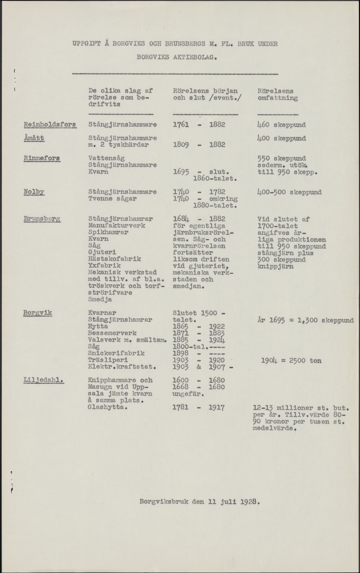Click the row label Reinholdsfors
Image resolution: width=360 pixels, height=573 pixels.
(50, 125)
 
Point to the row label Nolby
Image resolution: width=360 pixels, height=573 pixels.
(34, 192)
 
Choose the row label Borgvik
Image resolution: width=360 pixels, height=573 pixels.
(38, 313)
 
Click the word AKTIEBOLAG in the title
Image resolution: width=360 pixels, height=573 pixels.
(198, 59)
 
